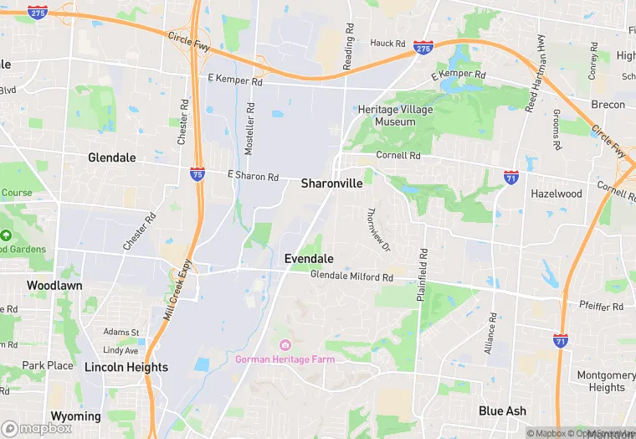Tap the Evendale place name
(309, 259)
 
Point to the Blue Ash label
(502, 411)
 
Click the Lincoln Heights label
(126, 367)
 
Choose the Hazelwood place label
(556, 194)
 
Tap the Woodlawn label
(54, 285)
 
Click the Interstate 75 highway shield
(197, 174)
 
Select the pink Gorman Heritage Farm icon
(285, 345)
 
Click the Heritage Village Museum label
(396, 116)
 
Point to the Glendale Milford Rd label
(351, 276)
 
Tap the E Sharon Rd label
(253, 176)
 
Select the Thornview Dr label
(380, 230)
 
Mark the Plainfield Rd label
(423, 275)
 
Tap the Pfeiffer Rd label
(601, 307)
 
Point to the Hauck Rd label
(387, 44)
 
